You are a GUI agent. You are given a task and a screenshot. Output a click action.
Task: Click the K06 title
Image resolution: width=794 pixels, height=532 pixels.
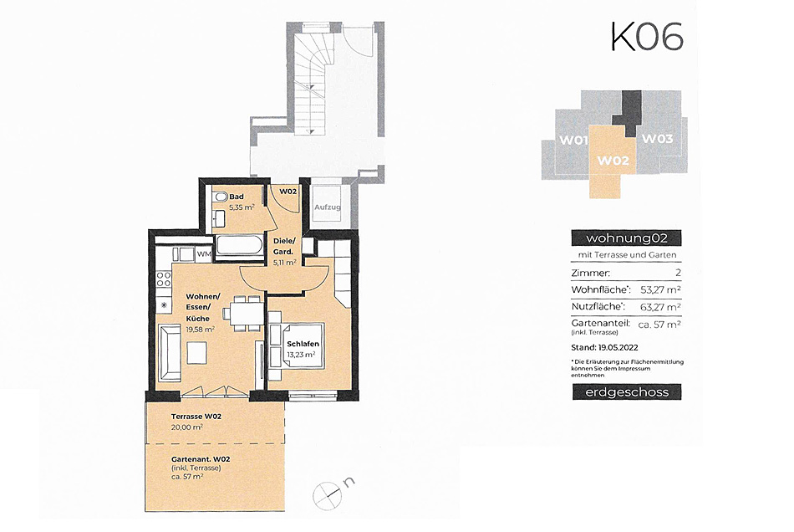point(647,36)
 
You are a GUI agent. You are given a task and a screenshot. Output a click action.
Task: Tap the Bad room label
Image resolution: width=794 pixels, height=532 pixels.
point(237,197)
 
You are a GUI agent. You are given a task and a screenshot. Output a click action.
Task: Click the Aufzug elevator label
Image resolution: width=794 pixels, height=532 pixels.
point(327,207)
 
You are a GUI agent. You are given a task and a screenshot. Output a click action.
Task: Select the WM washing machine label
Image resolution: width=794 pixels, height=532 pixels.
point(204,253)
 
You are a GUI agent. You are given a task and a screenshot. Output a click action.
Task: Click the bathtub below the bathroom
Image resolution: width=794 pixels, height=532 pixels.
point(239,248)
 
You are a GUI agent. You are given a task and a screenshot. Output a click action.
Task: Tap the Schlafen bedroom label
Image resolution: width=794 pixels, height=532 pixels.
point(303,344)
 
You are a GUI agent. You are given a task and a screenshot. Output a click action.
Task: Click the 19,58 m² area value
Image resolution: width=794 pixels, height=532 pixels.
point(200,329)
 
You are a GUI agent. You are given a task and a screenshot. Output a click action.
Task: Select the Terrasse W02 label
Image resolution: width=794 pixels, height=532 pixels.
point(196,417)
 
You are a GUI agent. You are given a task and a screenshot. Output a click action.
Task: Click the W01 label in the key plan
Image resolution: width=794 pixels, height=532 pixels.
point(573,141)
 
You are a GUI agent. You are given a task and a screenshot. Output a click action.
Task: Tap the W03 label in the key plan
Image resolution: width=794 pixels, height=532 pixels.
point(658,138)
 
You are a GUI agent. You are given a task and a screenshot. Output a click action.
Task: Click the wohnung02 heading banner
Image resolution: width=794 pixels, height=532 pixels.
point(626,238)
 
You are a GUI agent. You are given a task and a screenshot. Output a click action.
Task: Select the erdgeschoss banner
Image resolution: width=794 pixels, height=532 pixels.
point(627,392)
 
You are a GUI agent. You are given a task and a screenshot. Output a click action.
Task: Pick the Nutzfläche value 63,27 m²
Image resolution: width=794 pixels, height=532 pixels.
point(659,306)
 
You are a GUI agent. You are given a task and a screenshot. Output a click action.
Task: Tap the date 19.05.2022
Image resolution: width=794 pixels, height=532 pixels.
point(618,348)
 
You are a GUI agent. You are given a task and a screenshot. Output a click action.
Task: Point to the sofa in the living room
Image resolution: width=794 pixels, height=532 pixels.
point(169,352)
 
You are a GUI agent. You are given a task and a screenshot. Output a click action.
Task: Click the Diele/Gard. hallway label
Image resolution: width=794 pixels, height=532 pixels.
point(283,246)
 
